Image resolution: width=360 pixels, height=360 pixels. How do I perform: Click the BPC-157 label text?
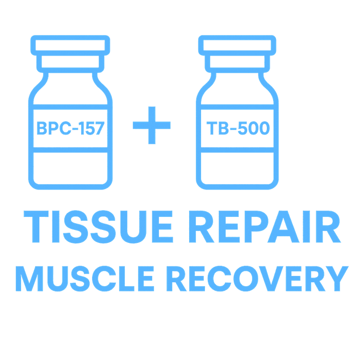[71, 128]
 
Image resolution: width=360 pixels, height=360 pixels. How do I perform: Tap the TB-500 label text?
[238, 128]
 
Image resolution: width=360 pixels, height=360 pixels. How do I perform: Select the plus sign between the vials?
[152, 125]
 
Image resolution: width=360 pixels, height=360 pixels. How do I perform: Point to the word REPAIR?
[265, 227]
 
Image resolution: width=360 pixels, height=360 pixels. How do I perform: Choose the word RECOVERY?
[258, 278]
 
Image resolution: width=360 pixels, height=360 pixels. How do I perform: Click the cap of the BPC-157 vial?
[70, 45]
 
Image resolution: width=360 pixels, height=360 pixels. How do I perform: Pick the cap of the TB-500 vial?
[237, 45]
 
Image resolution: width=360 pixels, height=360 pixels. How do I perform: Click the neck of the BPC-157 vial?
[70, 62]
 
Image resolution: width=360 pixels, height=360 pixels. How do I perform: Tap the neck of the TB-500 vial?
[237, 62]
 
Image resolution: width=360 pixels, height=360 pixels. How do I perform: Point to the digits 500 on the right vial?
[254, 128]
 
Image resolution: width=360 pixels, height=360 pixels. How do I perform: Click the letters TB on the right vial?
[217, 128]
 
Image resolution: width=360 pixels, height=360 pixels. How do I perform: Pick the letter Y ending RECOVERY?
[337, 278]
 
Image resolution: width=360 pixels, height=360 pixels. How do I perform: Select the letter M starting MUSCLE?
[29, 278]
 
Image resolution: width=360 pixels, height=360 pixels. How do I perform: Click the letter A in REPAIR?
[283, 227]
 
